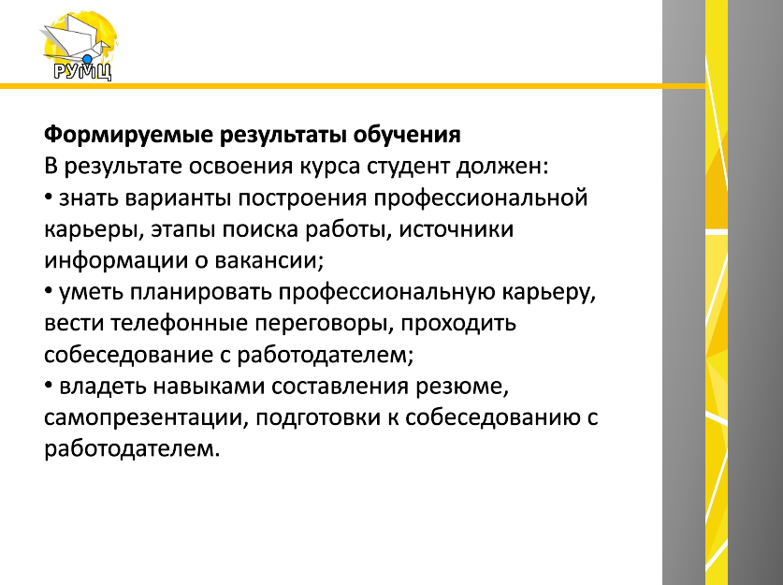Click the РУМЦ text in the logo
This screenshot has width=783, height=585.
(x=82, y=71)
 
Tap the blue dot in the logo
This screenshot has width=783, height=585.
(x=87, y=60)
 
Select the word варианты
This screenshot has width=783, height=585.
(x=178, y=198)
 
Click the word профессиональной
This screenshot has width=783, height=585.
(x=481, y=198)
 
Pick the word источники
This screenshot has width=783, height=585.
(x=456, y=230)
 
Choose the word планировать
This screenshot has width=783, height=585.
(x=200, y=293)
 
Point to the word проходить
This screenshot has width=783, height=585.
(x=458, y=324)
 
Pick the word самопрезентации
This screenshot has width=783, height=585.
(x=143, y=418)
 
